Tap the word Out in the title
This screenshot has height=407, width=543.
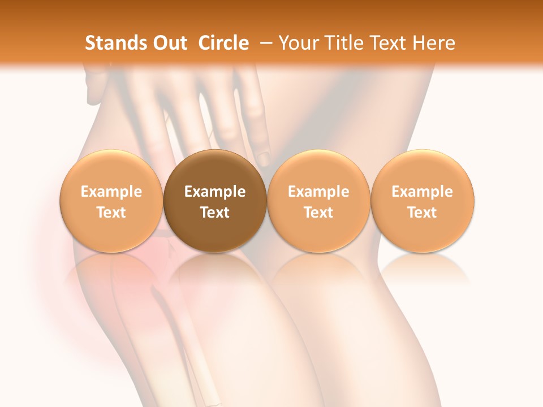(169, 43)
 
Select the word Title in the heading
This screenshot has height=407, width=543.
(341, 43)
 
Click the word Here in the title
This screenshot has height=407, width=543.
(433, 43)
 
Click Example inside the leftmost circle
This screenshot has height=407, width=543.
(111, 192)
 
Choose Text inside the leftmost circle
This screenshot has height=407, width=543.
(111, 213)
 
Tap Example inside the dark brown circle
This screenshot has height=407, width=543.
(215, 192)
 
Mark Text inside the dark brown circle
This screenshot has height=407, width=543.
(215, 213)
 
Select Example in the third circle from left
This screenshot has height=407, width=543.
(318, 192)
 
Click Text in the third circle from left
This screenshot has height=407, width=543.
(318, 213)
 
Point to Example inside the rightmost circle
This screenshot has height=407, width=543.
(422, 192)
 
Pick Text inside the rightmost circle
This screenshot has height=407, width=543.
(422, 213)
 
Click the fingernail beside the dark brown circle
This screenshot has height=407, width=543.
(264, 157)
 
